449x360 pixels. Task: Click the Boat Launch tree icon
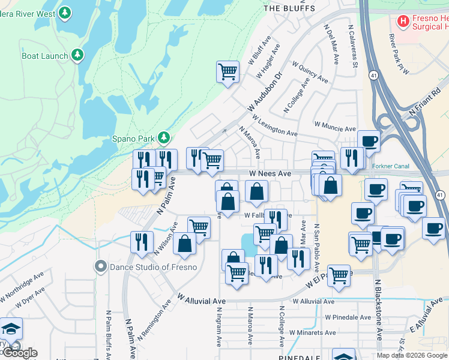[77, 56]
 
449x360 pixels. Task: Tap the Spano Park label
[134, 138]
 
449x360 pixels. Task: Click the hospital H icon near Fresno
[403, 22]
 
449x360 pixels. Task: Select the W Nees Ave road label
[270, 173]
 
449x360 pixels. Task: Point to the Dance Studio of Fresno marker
[100, 266]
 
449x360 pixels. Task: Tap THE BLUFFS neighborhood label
[289, 8]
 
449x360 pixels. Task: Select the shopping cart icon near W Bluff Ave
[228, 71]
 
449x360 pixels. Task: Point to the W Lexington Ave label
[275, 125]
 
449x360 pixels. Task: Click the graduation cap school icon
[11, 328]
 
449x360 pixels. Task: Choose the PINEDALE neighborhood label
[301, 356]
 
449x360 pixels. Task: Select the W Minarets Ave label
[312, 332]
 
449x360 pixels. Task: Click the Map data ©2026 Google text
[412, 355]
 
